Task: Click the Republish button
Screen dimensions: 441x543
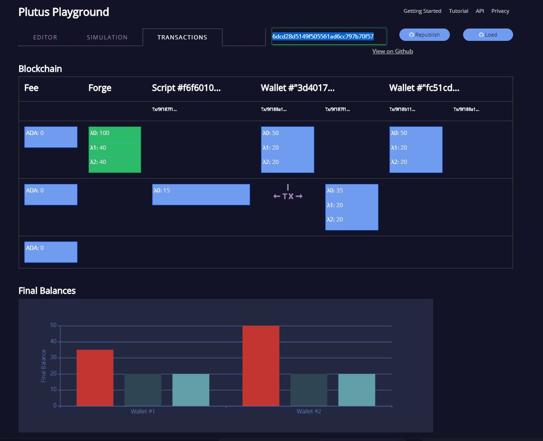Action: point(424,35)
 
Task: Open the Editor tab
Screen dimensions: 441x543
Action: point(45,37)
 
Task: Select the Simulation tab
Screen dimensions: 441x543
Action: point(107,37)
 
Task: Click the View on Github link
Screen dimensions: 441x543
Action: point(392,51)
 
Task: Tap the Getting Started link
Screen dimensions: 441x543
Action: point(422,11)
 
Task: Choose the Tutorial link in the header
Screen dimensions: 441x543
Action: point(458,11)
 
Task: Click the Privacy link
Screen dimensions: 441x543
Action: point(500,11)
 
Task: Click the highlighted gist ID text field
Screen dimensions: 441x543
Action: point(329,36)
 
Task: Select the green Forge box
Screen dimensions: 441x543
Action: point(115,149)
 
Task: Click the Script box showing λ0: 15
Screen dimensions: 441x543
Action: point(201,194)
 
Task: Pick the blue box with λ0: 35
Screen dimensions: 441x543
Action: point(351,207)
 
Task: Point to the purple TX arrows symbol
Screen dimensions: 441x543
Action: point(288,195)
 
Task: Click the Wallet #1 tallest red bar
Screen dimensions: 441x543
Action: point(95,378)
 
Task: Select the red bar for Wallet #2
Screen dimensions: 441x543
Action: point(261,366)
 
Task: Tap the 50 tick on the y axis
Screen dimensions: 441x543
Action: point(53,326)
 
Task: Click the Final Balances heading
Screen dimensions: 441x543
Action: point(47,290)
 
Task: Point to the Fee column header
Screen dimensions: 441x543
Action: point(31,88)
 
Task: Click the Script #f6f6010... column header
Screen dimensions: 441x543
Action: point(186,88)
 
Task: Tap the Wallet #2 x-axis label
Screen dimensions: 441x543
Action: point(309,411)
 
